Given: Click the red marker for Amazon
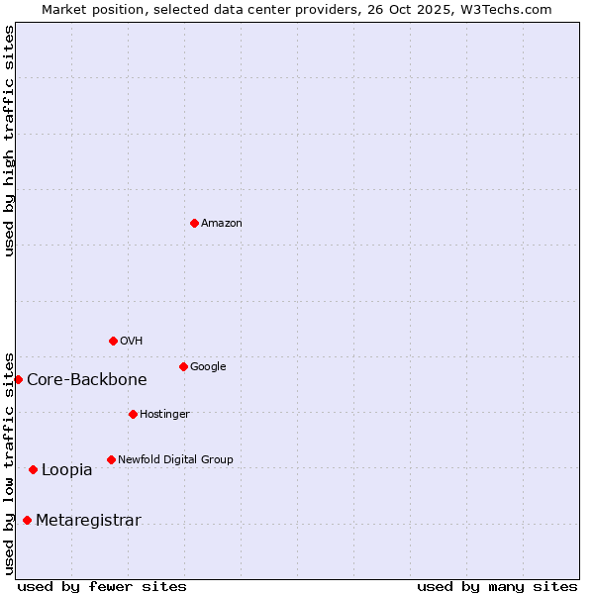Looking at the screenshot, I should pyautogui.click(x=194, y=223).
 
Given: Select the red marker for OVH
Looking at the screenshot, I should pyautogui.click(x=113, y=341).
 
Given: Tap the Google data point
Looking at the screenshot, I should pyautogui.click(x=183, y=366).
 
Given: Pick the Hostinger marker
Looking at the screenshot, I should pyautogui.click(x=133, y=414).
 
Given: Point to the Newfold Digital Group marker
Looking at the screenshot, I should pyautogui.click(x=111, y=459).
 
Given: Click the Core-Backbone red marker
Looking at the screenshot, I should pyautogui.click(x=18, y=379).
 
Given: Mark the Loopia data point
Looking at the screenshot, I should pyautogui.click(x=33, y=469).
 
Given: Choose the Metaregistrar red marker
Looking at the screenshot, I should pyautogui.click(x=27, y=520).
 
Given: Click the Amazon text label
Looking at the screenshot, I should pyautogui.click(x=222, y=223).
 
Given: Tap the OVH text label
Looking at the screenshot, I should pyautogui.click(x=132, y=341).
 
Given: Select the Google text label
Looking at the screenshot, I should pyautogui.click(x=208, y=366).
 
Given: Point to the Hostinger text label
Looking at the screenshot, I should pyautogui.click(x=164, y=414).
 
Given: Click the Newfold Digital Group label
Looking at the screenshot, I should pyautogui.click(x=175, y=459).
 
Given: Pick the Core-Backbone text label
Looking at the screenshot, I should pyautogui.click(x=87, y=379).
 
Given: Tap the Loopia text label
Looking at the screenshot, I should pyautogui.click(x=67, y=469).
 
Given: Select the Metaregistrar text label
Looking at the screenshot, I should pyautogui.click(x=88, y=520).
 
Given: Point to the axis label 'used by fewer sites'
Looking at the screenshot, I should pyautogui.click(x=102, y=586).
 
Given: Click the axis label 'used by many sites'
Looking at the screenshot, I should pyautogui.click(x=497, y=586).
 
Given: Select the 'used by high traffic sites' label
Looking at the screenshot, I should pyautogui.click(x=9, y=141).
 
